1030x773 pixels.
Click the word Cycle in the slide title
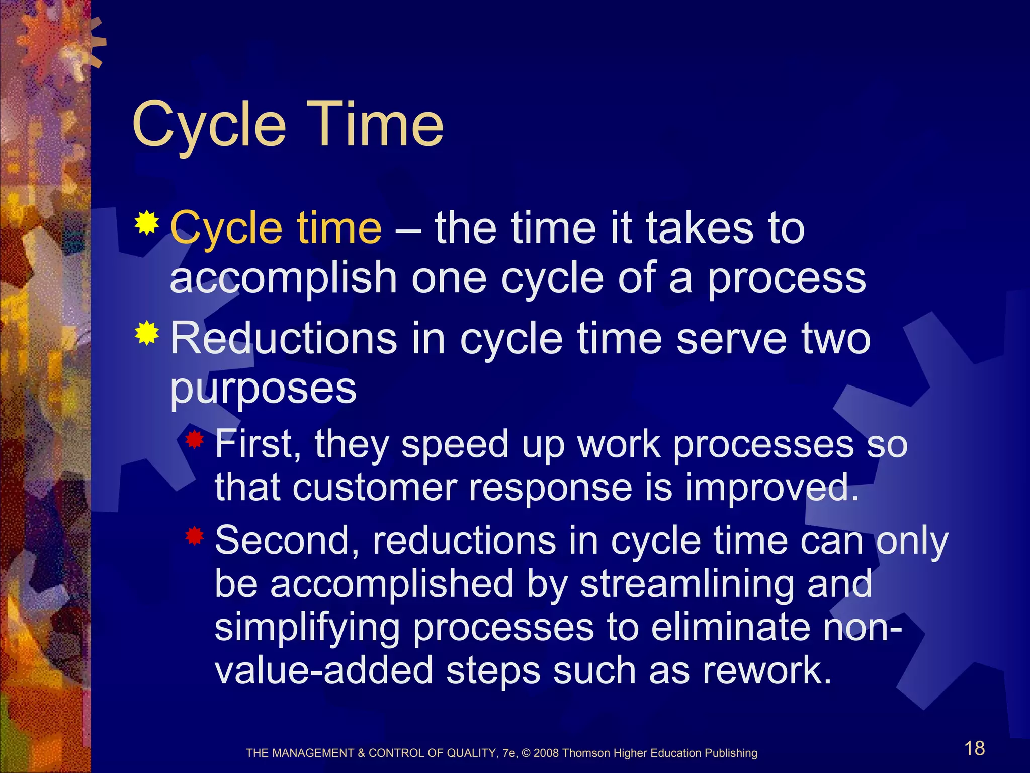(209, 124)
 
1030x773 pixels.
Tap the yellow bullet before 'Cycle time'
(147, 223)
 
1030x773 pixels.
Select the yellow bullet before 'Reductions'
(147, 333)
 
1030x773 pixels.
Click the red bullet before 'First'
(194, 441)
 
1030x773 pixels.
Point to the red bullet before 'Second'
(194, 536)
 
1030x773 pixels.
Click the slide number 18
(974, 748)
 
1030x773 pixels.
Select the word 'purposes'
(263, 389)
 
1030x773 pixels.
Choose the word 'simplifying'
(307, 628)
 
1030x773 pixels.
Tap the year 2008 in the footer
(546, 753)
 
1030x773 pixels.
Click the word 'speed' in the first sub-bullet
(455, 445)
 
